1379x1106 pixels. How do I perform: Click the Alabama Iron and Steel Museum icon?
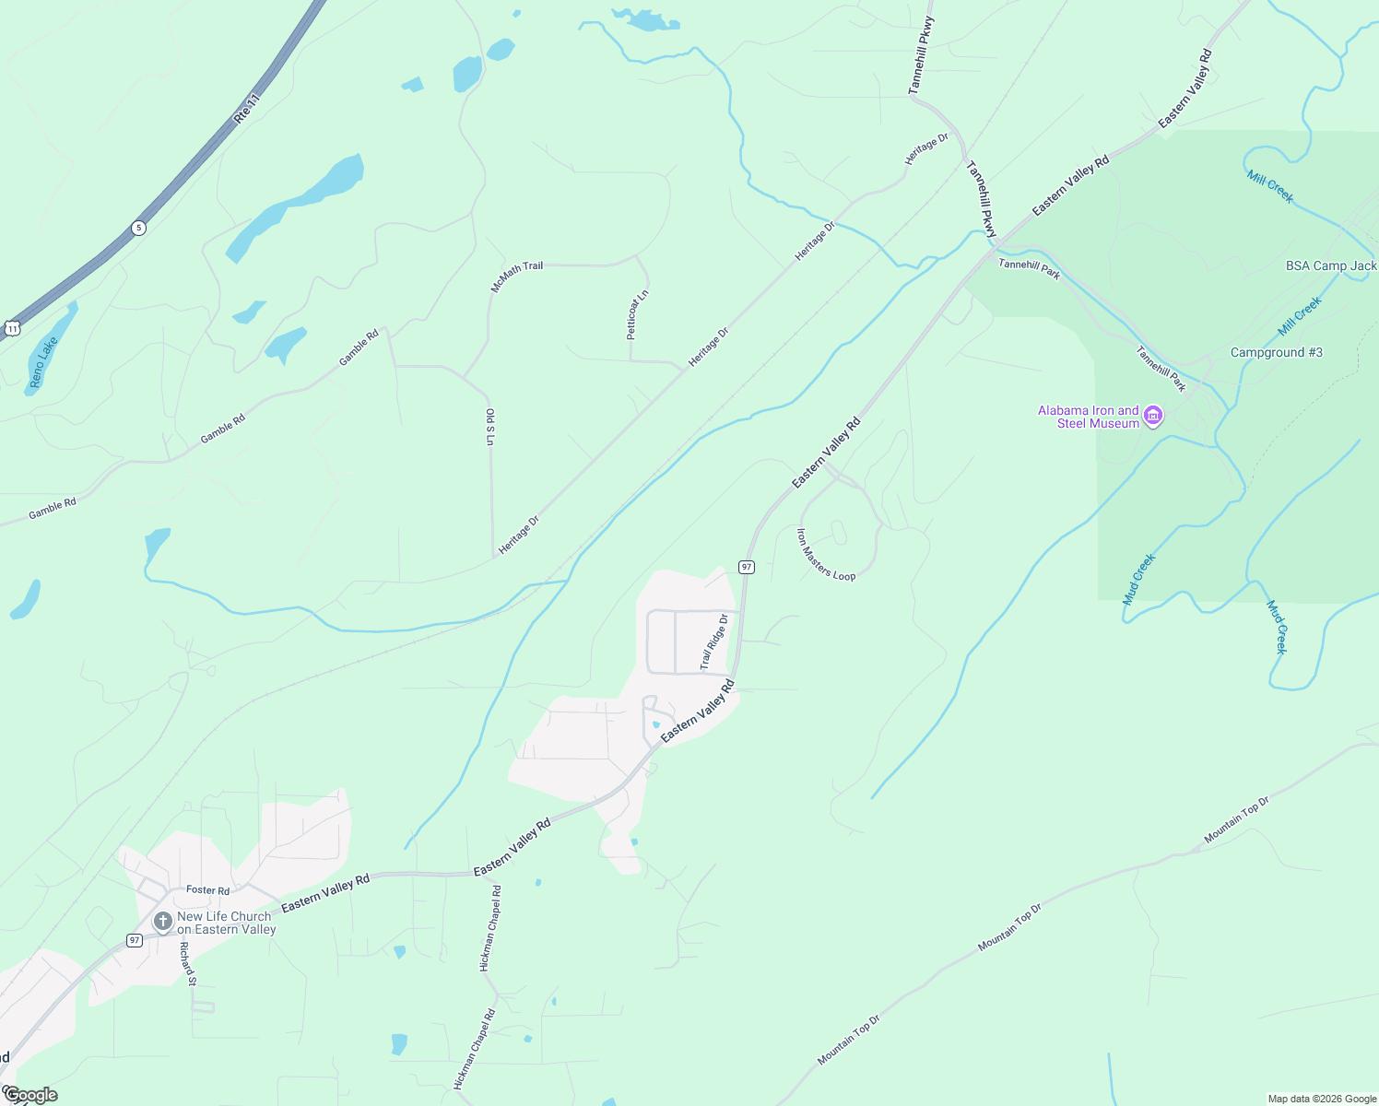[x=1152, y=418]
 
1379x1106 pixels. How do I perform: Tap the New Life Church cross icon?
[x=162, y=922]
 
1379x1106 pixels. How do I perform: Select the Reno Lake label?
[x=42, y=361]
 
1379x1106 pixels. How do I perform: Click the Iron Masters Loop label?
[x=825, y=555]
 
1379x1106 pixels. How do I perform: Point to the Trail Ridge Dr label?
[x=713, y=642]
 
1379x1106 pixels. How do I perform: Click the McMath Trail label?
[x=516, y=276]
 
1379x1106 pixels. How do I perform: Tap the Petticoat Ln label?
[x=638, y=314]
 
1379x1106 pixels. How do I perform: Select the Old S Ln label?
[x=490, y=428]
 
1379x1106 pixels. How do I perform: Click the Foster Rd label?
[x=207, y=890]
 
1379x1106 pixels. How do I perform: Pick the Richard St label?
[x=187, y=964]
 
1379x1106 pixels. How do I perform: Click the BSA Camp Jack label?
[x=1330, y=266]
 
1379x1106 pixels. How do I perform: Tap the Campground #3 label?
[x=1276, y=353]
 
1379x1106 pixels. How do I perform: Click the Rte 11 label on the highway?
[x=247, y=107]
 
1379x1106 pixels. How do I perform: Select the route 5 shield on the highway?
[x=138, y=228]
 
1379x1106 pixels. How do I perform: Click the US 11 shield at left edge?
[x=11, y=328]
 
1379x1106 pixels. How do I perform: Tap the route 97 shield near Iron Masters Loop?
[x=747, y=567]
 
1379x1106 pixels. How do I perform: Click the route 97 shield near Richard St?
[x=135, y=940]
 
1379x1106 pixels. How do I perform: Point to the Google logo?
[x=29, y=1095]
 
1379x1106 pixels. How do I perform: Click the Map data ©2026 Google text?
[x=1321, y=1099]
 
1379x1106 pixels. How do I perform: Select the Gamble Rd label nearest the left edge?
[x=52, y=509]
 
